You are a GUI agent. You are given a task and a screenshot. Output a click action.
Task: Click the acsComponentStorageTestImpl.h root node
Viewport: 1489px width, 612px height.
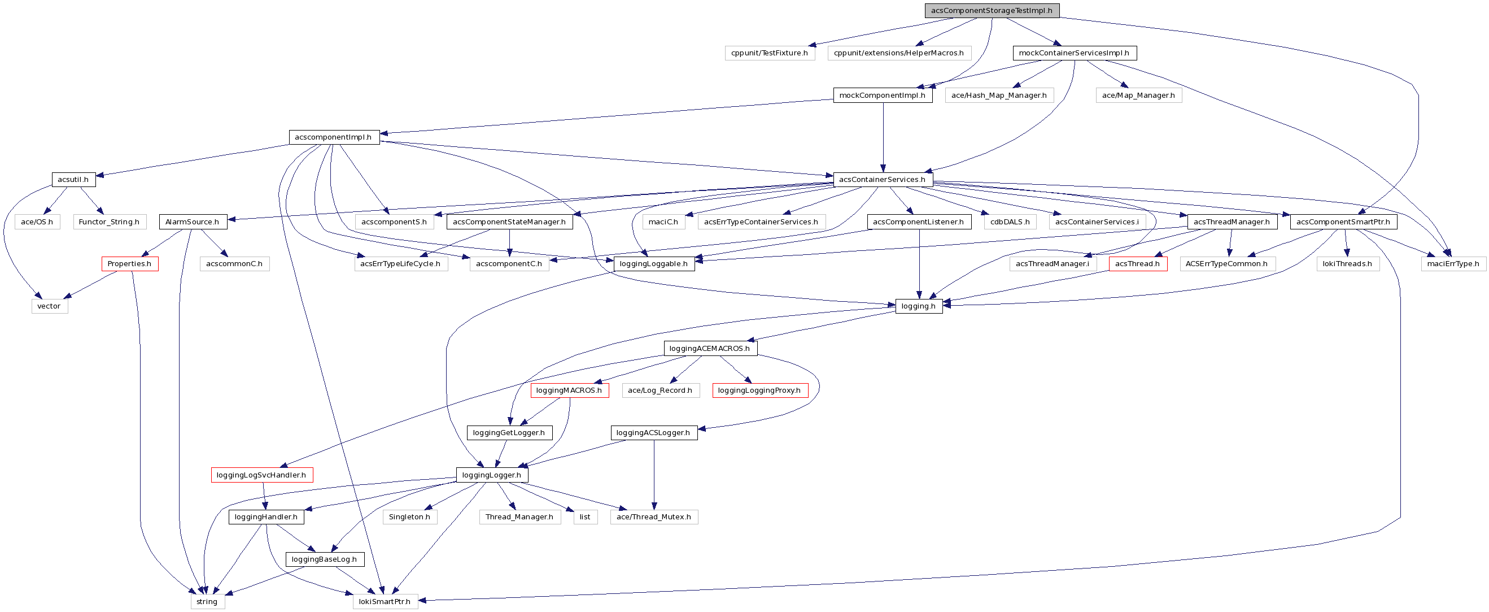[x=992, y=10]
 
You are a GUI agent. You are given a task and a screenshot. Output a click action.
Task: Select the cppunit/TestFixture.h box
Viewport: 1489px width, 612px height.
[x=770, y=53]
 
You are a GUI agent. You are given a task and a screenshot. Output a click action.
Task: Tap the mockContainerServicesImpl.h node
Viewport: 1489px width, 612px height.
[x=1074, y=53]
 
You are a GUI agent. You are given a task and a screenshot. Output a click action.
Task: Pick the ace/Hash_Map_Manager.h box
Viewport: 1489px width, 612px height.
[x=999, y=96]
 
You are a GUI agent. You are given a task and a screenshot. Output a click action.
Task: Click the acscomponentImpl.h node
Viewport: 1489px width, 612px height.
[x=334, y=137]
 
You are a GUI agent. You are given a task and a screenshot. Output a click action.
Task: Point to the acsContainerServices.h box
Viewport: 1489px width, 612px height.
[x=883, y=179]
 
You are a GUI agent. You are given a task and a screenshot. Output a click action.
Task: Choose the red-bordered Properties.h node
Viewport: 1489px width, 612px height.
[x=129, y=264]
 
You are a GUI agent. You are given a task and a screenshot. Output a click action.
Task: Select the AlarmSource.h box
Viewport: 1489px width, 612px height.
[x=193, y=222]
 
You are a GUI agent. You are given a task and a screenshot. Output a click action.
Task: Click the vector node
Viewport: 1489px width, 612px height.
[x=49, y=306]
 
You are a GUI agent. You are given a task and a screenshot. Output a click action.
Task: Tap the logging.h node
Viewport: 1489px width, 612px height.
[x=919, y=306]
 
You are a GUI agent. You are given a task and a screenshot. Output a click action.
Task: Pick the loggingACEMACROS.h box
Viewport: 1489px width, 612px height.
[x=710, y=348]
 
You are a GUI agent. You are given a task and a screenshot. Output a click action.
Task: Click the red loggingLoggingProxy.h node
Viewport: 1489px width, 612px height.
[x=759, y=390]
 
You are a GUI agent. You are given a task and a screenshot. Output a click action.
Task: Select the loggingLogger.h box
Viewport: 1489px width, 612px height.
[x=492, y=475]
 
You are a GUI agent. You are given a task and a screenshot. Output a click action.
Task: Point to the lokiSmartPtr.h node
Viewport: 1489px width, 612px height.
[x=385, y=602]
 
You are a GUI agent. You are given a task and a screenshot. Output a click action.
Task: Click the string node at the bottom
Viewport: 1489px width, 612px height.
[x=207, y=602]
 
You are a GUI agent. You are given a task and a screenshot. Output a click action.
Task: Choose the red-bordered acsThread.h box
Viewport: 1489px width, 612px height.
[x=1138, y=264]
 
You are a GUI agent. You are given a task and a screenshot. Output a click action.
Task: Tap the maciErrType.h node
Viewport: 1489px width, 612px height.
[x=1453, y=264]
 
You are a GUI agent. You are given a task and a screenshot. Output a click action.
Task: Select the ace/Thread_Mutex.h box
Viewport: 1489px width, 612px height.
[x=654, y=516]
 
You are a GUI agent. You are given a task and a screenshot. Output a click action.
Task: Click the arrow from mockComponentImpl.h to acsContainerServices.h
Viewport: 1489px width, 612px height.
[x=883, y=139]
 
